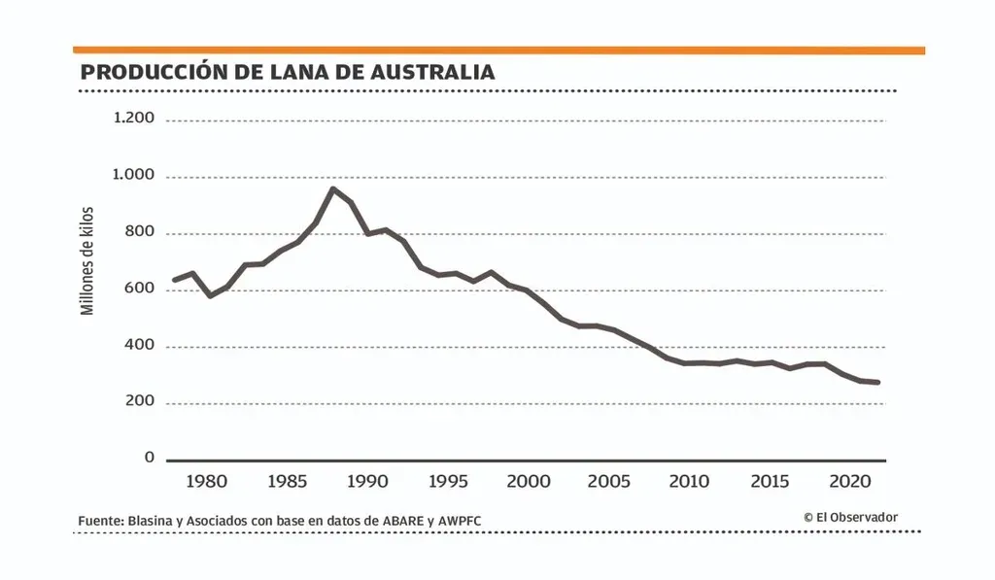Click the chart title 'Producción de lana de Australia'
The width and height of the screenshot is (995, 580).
coord(288,72)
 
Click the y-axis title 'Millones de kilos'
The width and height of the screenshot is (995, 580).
coord(87,260)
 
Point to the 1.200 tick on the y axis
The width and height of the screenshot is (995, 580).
coord(134,119)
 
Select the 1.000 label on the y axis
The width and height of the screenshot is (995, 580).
coord(134,175)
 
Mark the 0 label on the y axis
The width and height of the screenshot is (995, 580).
coord(150,458)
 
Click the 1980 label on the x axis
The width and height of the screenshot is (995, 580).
coord(206,481)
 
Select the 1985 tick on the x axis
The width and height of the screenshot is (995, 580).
coord(288,481)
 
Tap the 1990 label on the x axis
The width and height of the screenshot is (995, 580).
coord(368,481)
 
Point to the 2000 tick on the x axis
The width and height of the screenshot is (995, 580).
coord(531,481)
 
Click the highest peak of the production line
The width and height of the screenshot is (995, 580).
coord(333,188)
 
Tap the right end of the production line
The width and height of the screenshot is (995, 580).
coord(878,382)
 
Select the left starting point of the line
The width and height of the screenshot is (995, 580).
coord(173,280)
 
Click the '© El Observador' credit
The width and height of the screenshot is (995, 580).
coord(850,518)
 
